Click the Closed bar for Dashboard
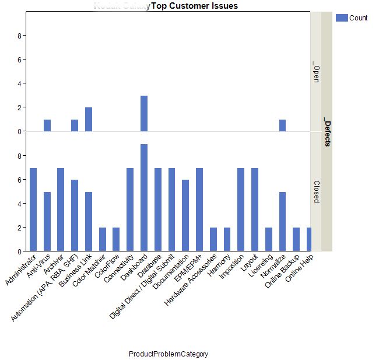144,198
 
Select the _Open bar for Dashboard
144,114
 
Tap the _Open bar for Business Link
89,120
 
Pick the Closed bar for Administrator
33,209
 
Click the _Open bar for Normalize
283,125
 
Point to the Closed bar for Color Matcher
103,239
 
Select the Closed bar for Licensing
269,239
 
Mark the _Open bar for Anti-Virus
47,125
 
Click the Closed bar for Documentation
185,215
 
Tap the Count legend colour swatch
342,18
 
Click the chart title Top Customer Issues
194,6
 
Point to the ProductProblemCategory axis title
169,354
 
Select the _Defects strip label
327,133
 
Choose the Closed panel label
316,191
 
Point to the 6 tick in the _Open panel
20,60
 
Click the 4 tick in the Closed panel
20,204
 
